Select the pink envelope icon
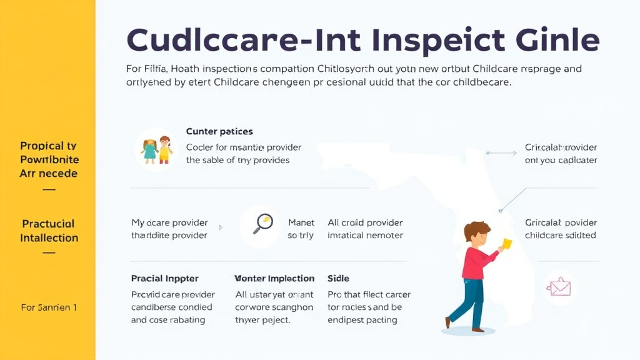point(559,287)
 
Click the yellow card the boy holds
point(506,244)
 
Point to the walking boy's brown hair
point(476,230)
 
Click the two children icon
point(157,150)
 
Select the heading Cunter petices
point(219,131)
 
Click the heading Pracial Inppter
point(164,278)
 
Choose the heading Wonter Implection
point(274,278)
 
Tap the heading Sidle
point(338,278)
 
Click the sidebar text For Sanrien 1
point(49,307)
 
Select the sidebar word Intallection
point(49,238)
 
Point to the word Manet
point(301,222)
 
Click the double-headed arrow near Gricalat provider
point(500,152)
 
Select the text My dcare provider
point(169,222)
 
